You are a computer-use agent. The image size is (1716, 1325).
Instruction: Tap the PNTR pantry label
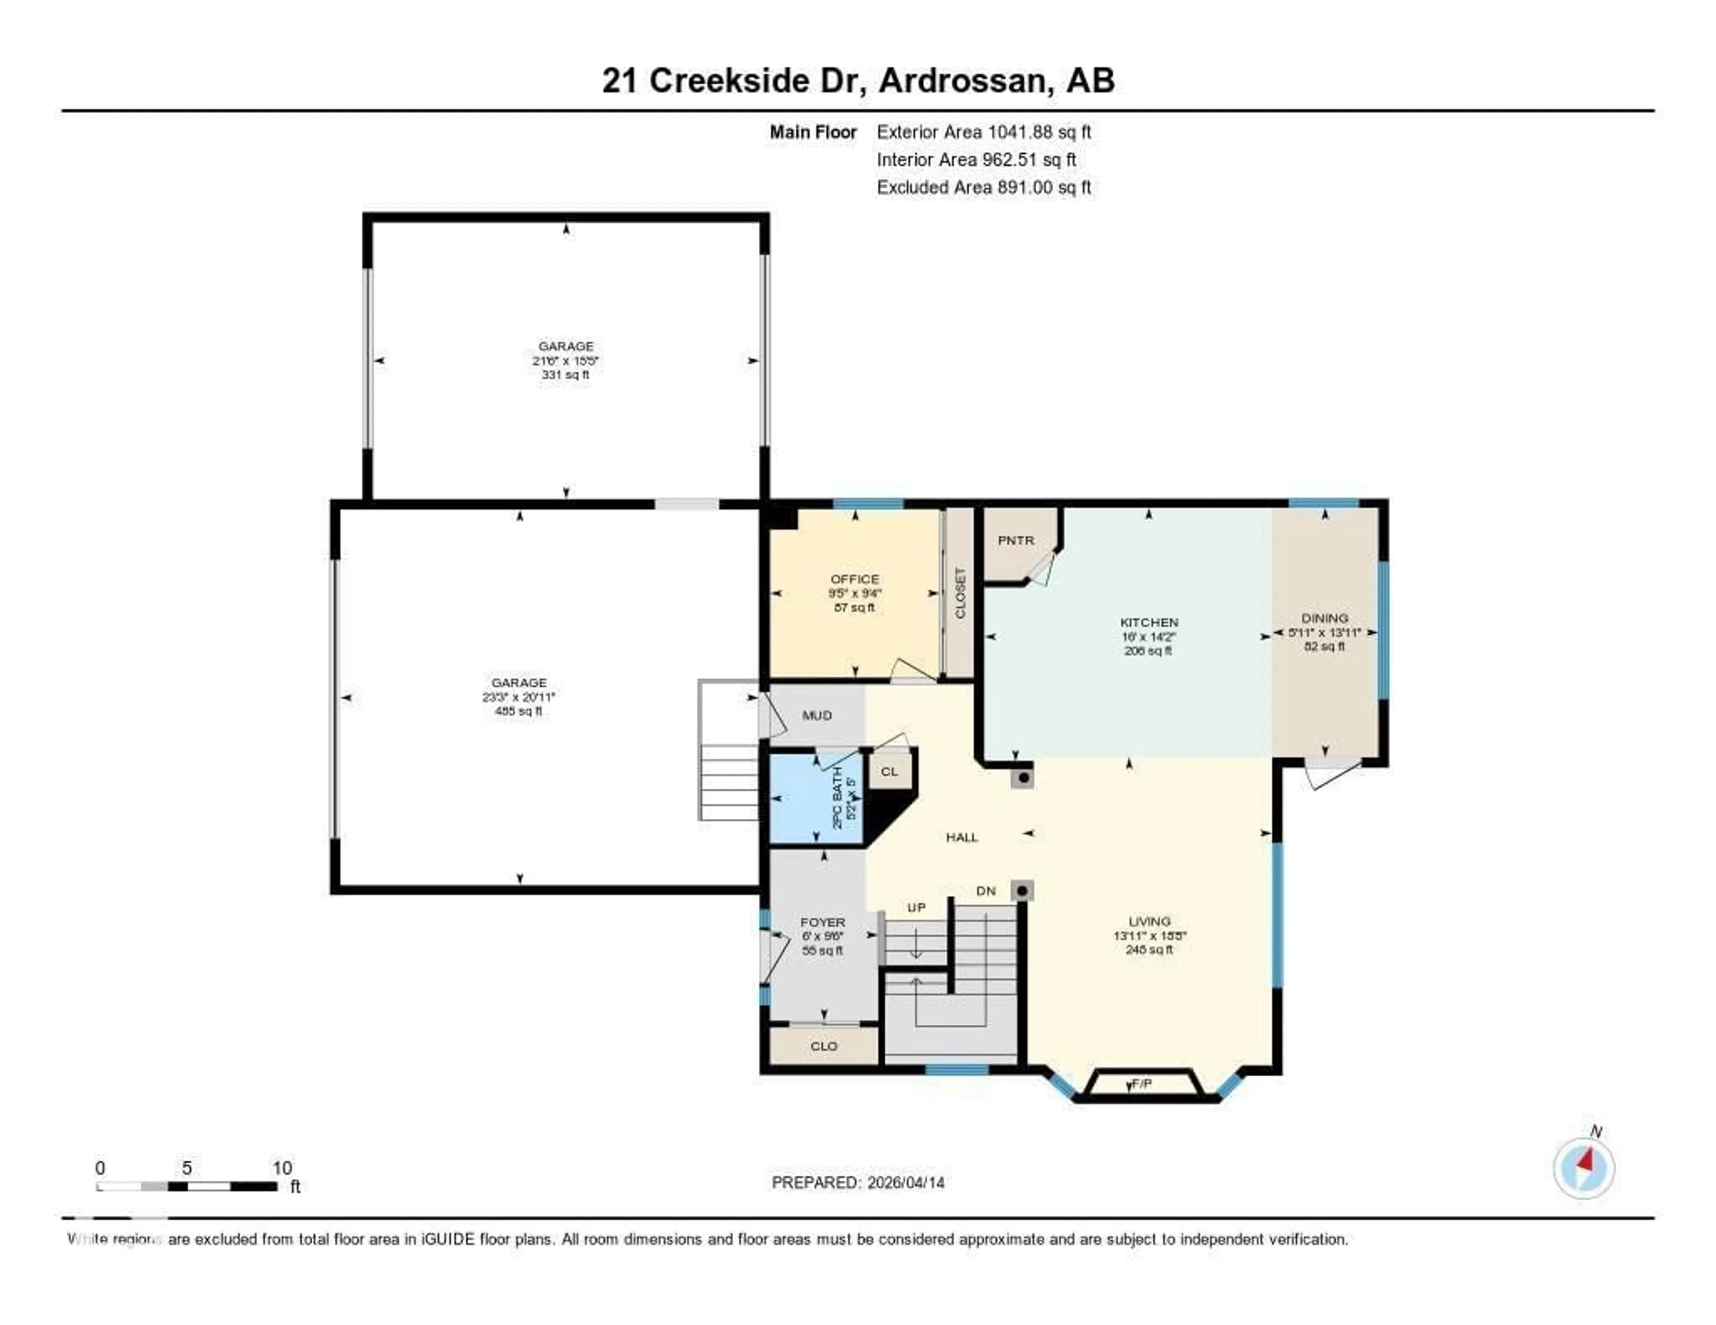[x=1015, y=541]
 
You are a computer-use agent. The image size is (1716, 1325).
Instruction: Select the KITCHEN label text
[x=1149, y=622]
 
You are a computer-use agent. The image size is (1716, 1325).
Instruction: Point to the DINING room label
[x=1324, y=618]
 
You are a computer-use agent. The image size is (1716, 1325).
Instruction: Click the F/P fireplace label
[x=1142, y=1084]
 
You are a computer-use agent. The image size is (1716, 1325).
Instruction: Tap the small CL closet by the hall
[x=889, y=772]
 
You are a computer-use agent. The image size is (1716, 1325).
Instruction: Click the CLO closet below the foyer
[x=824, y=1046]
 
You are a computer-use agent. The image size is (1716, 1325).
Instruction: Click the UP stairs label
[x=916, y=907]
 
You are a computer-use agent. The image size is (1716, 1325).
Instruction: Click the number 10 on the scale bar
[x=282, y=1168]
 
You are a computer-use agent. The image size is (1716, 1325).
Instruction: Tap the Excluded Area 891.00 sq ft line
[x=983, y=187]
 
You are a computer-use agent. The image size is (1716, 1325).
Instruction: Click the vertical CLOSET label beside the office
[x=959, y=593]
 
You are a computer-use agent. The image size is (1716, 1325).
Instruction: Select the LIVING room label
[x=1149, y=921]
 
